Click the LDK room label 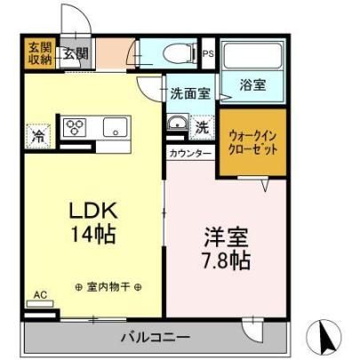click(93, 211)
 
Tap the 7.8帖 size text click(227, 260)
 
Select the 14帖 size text click(93, 234)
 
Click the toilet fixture click(180, 53)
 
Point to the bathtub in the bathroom click(252, 55)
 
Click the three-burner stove click(75, 127)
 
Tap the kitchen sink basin click(115, 127)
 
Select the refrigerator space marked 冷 click(38, 136)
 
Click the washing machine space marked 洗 click(202, 127)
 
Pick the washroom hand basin click(177, 123)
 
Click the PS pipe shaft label click(208, 54)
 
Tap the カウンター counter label click(190, 154)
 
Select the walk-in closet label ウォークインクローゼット click(252, 143)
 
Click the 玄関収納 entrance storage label click(40, 53)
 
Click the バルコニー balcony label click(155, 338)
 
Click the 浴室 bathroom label click(252, 85)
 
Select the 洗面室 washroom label click(190, 94)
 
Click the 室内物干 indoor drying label click(108, 287)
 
